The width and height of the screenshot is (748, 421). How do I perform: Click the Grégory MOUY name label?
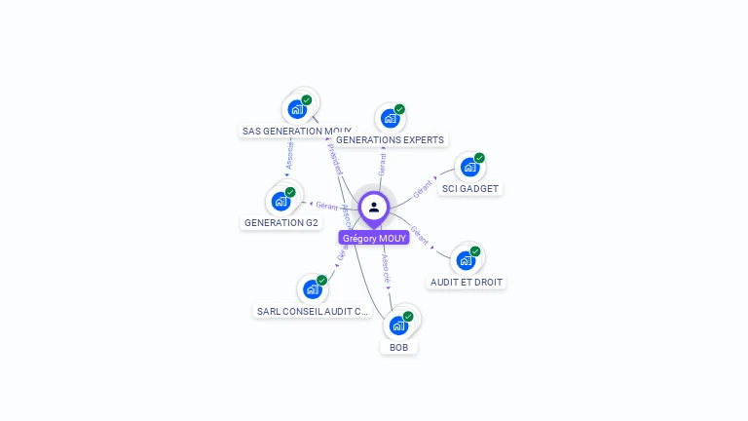(x=374, y=238)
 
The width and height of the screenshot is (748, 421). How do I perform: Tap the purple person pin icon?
(x=374, y=208)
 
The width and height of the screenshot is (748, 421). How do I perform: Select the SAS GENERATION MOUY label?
(x=297, y=131)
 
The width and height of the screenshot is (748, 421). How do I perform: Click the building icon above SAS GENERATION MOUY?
(x=297, y=108)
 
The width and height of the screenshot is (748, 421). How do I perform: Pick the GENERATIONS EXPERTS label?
(x=390, y=140)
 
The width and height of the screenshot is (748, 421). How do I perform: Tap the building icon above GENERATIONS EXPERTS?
(x=390, y=118)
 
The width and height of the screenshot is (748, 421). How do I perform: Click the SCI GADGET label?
(x=469, y=188)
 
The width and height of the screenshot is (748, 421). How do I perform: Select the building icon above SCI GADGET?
(x=469, y=167)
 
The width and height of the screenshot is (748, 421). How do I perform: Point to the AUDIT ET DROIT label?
(x=467, y=283)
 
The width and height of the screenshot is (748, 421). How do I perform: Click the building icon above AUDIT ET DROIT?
(x=467, y=260)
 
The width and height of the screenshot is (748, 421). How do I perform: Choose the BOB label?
(x=398, y=347)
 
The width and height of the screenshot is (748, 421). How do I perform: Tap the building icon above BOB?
(x=398, y=325)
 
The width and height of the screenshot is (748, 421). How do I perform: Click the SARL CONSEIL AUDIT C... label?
(x=313, y=312)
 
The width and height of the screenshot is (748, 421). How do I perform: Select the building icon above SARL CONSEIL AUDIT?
(x=313, y=289)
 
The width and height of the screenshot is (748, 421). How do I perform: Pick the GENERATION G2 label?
(x=280, y=222)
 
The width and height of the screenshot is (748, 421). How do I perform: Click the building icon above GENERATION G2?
(x=280, y=201)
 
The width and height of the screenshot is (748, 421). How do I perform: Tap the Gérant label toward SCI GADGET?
(x=423, y=188)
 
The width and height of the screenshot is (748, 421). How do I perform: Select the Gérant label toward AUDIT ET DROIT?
(x=420, y=235)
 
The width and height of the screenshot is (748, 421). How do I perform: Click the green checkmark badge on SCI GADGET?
(x=479, y=158)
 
